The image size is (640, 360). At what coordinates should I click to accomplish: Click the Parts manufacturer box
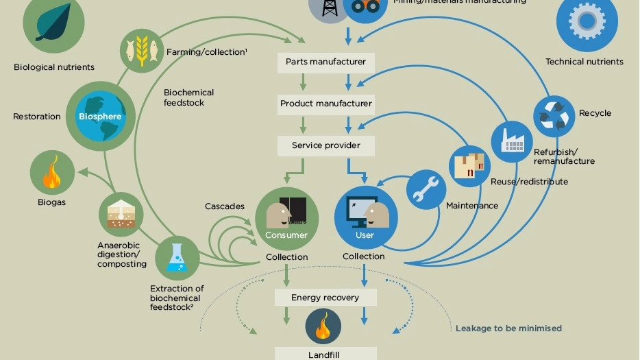coord(325,62)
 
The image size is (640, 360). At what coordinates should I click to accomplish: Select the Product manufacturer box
coord(325,104)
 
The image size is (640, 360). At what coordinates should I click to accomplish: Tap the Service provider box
coord(325,145)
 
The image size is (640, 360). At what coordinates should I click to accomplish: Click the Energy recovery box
coord(325,298)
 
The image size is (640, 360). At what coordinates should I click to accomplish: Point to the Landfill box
coord(325,354)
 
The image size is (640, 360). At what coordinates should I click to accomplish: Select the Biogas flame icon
coord(52,172)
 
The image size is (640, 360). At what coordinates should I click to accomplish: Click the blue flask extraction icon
coord(177,259)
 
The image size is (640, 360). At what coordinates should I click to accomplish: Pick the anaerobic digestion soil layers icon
coord(121,215)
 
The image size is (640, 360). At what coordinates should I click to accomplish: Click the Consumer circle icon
coord(286,219)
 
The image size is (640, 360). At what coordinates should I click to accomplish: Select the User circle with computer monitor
coord(365,217)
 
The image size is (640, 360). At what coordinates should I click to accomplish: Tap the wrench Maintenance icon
coord(426,190)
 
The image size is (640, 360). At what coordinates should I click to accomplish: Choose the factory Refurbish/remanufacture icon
coord(512,142)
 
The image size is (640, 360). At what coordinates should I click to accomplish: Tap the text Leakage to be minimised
coord(508,328)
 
